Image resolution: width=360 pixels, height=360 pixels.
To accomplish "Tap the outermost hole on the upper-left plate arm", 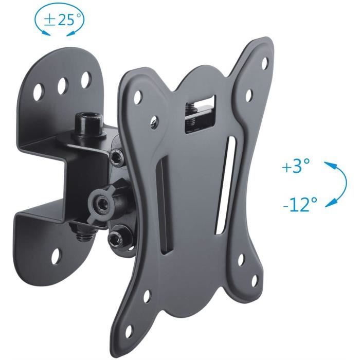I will (138, 96).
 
